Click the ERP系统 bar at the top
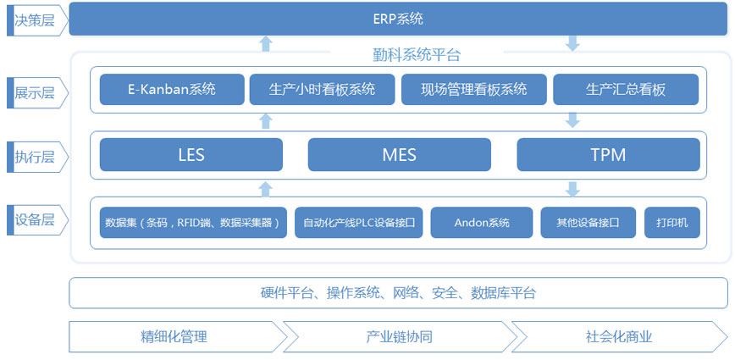tap(397, 19)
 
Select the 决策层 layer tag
tap(34, 19)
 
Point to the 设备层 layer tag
tap(34, 220)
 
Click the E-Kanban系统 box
tap(171, 89)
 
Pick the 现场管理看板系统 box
tap(473, 89)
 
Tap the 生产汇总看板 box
tap(626, 89)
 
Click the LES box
tap(191, 155)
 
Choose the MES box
tap(399, 155)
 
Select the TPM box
tap(608, 155)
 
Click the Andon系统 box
tap(482, 223)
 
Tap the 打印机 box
tap(672, 223)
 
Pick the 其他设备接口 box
tap(589, 223)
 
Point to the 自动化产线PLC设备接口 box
tap(358, 223)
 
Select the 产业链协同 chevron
tap(395, 336)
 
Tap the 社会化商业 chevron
tap(618, 336)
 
